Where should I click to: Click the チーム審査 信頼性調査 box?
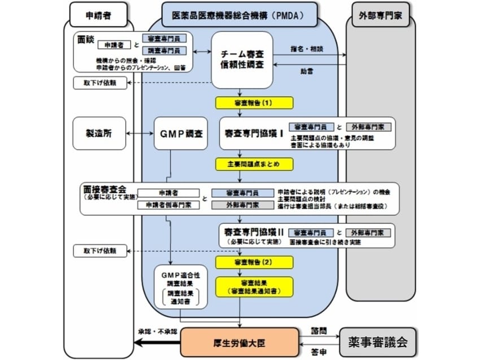coord(241,59)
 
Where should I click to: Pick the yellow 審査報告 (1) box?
coord(254,103)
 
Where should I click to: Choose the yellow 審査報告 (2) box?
coord(254,262)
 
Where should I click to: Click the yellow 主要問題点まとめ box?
coord(254,164)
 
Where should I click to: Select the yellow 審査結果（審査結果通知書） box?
coord(254,287)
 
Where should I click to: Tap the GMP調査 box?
coord(178,133)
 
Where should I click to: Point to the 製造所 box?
coord(99,133)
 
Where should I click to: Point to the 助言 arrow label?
coord(308,71)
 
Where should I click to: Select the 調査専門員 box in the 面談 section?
coord(164,51)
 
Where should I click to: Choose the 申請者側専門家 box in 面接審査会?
coord(169,205)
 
